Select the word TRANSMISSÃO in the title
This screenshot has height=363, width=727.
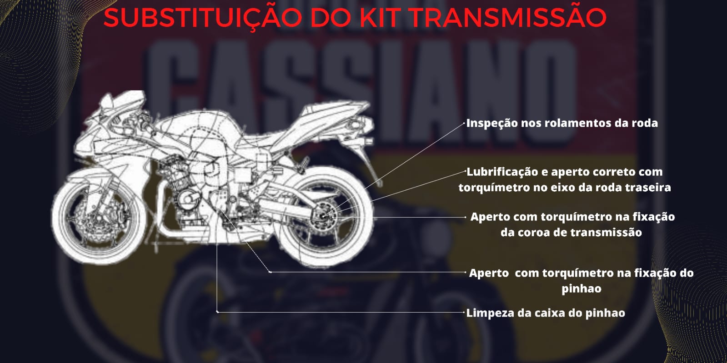pyautogui.click(x=507, y=17)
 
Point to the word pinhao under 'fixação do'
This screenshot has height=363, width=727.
pyautogui.click(x=581, y=289)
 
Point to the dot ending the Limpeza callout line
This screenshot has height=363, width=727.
pyautogui.click(x=218, y=312)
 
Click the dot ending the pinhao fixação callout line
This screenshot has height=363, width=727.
pyautogui.click(x=271, y=272)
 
